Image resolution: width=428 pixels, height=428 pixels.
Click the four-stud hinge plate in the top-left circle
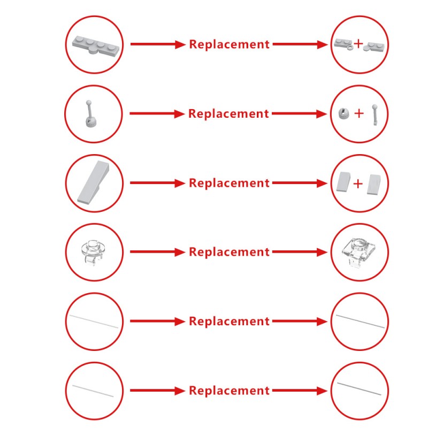[x=96, y=45]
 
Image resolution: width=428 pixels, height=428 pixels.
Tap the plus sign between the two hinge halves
[x=358, y=43]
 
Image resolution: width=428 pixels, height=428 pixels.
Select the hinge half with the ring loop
[x=343, y=44]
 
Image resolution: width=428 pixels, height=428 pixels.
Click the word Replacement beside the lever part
[x=228, y=113]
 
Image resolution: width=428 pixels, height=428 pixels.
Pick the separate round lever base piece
[x=343, y=113]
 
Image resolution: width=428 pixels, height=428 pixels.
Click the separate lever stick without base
[x=376, y=114]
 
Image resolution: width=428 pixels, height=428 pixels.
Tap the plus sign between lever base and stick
[x=359, y=113]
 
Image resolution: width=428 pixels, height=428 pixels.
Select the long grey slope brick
[x=93, y=182]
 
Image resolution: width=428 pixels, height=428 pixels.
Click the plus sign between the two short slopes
[x=358, y=184]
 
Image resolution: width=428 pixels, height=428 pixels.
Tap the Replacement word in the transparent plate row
[x=230, y=252]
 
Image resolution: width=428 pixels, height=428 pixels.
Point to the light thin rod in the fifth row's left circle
[x=94, y=322]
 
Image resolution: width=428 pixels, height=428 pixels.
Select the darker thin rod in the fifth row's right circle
[x=360, y=321]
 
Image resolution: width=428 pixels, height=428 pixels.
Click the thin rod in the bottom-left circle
[x=93, y=391]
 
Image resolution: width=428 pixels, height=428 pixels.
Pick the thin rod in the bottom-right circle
[x=359, y=389]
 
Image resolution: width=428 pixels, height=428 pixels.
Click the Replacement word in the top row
[x=230, y=44]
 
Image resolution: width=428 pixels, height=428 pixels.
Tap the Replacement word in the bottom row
[x=230, y=391]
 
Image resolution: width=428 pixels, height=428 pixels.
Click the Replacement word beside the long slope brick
[x=230, y=183]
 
